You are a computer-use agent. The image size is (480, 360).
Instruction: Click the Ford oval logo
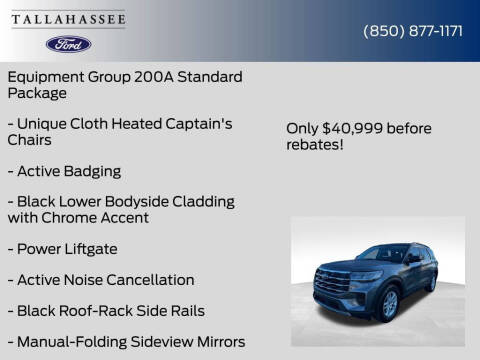click(68, 44)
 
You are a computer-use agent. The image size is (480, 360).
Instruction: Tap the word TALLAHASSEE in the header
click(68, 19)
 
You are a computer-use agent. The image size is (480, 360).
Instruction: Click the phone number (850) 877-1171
click(412, 30)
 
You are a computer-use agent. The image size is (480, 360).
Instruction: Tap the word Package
click(37, 93)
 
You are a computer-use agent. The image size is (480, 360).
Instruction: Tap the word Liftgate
click(90, 248)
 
